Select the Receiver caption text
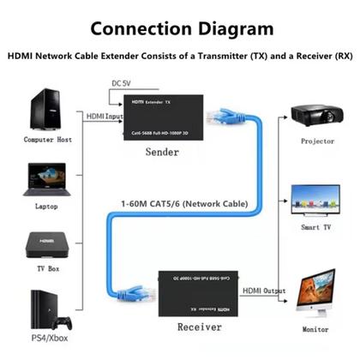coord(199,327)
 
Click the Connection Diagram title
coord(180,28)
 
